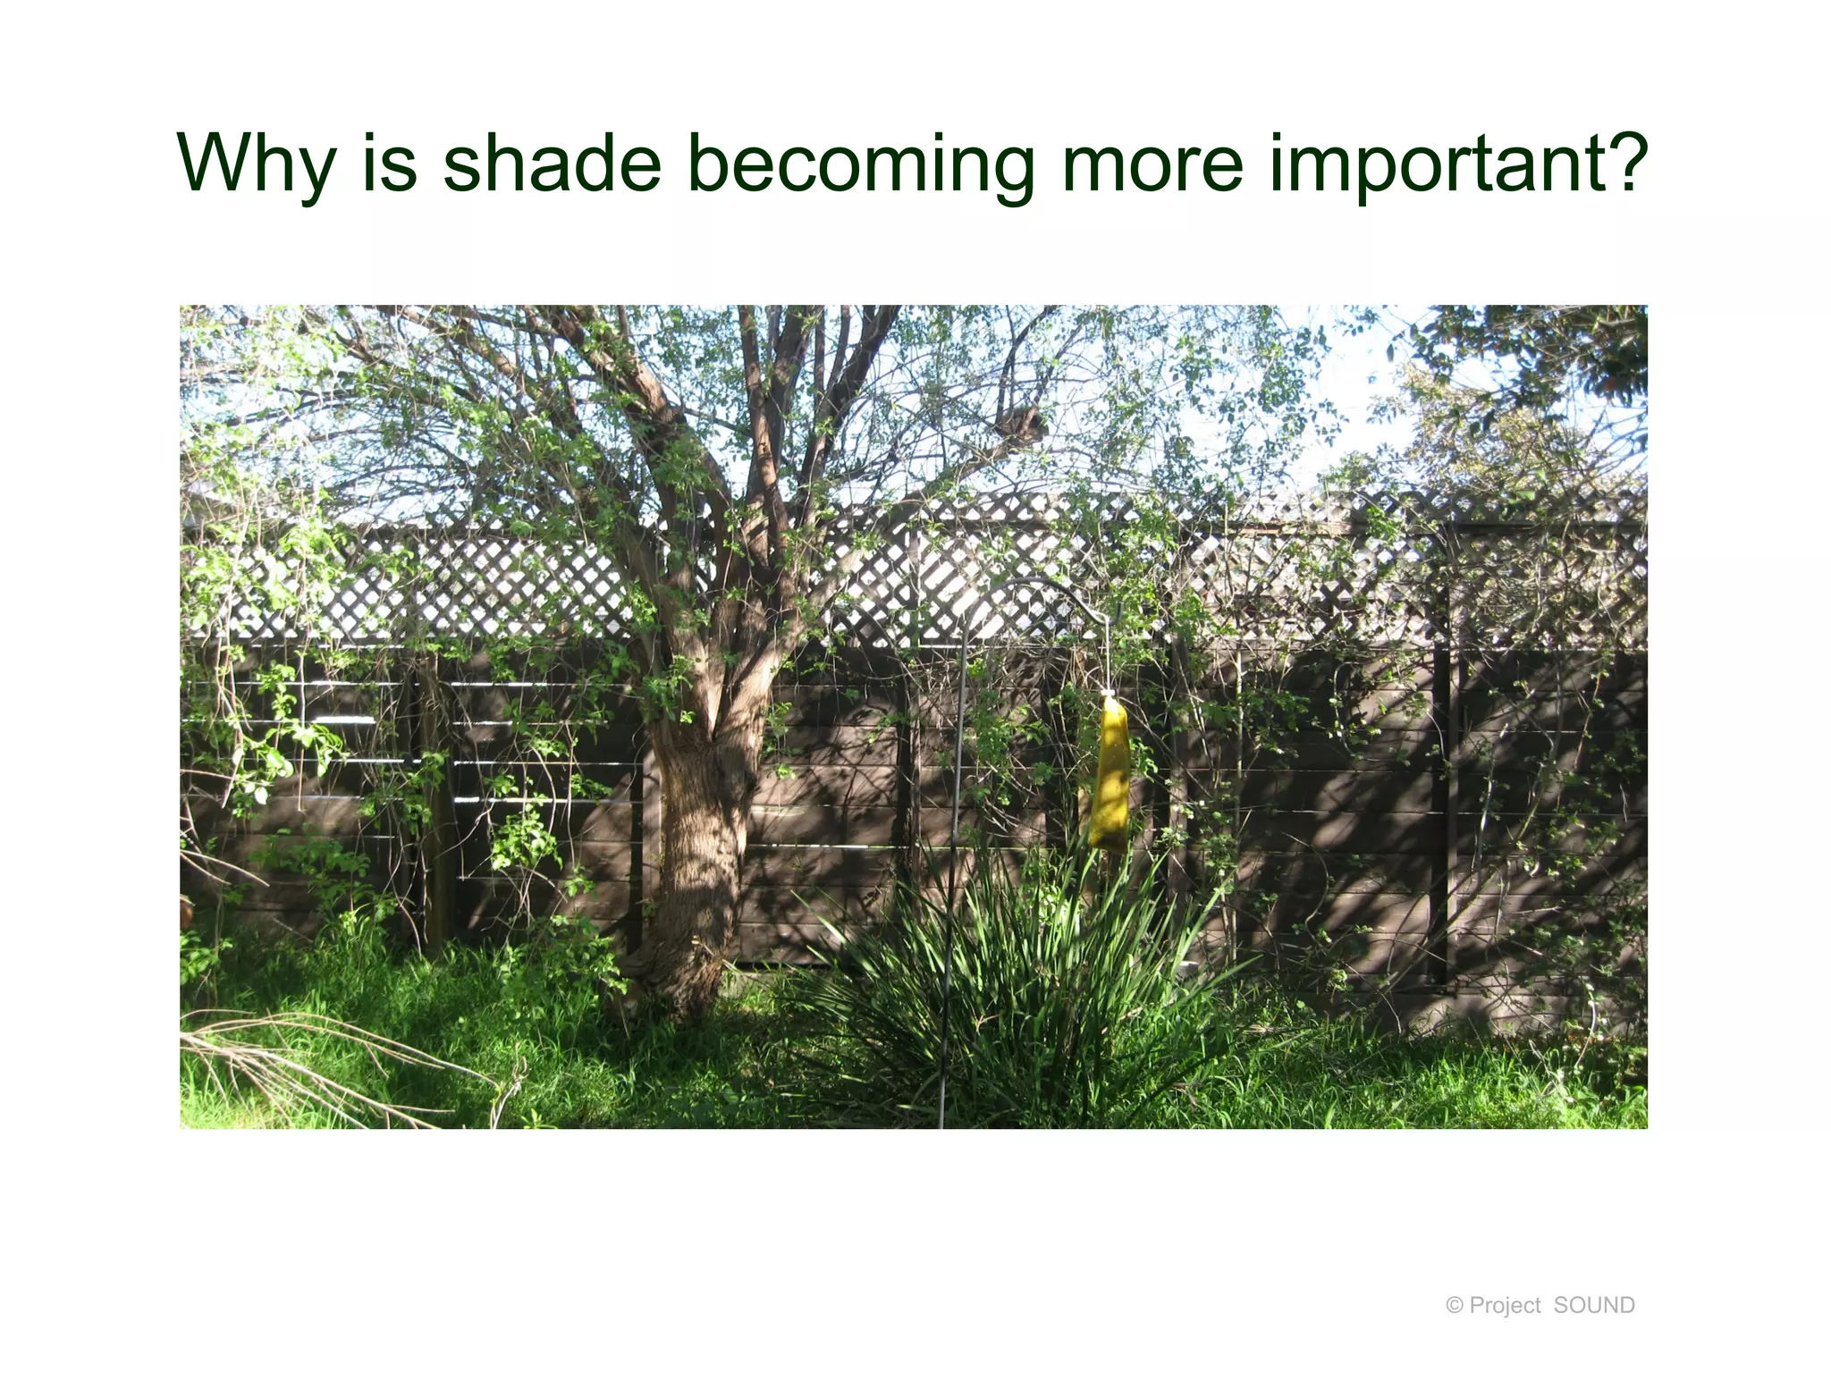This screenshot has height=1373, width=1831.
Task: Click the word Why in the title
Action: pos(257,164)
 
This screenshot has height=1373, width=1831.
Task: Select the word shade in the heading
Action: pos(552,164)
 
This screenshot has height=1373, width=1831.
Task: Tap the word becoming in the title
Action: pos(861,164)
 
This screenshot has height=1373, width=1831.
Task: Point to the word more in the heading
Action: pos(1152,164)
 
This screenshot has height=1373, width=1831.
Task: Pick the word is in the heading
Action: pos(390,164)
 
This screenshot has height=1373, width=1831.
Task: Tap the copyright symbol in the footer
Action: pos(1455,1306)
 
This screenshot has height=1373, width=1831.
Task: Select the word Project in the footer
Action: pos(1505,1306)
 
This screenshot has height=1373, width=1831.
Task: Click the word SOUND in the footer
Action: pos(1594,1305)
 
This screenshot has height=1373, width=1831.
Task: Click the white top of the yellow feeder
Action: pos(1109,695)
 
